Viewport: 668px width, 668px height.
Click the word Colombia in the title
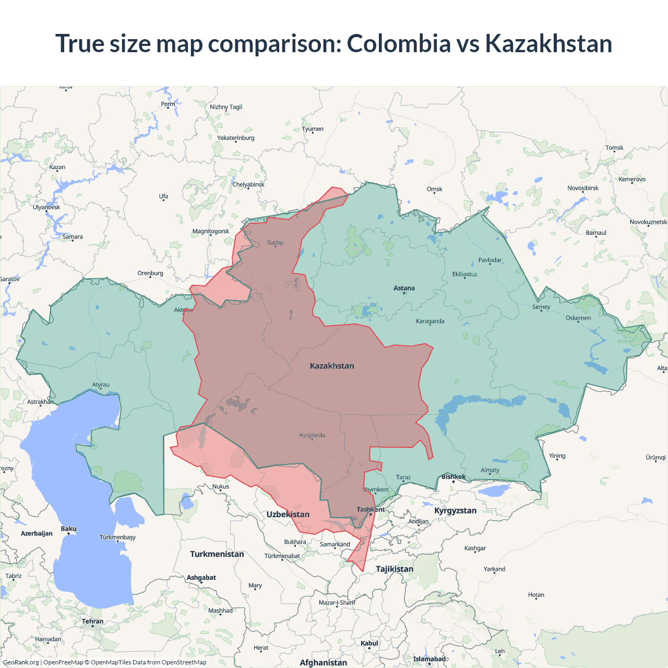tap(399, 43)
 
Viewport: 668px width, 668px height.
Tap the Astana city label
tap(404, 288)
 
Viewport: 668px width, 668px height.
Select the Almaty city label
tap(490, 470)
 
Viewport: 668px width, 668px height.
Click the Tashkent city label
tap(371, 509)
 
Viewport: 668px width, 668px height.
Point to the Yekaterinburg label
tap(236, 138)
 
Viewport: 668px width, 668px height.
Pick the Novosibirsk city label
tap(583, 188)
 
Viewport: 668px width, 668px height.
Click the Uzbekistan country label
tap(288, 515)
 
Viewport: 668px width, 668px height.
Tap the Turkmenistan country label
tap(217, 554)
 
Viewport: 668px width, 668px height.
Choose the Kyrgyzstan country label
tap(455, 510)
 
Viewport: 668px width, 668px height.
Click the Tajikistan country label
tap(395, 569)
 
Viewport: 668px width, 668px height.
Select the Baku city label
tap(68, 529)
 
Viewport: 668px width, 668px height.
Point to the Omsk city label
tap(434, 189)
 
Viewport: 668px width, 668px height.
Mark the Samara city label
tap(73, 236)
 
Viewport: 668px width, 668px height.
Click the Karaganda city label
tap(430, 321)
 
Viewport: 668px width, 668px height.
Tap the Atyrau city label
tap(101, 385)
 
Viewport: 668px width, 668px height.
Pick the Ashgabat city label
tap(201, 578)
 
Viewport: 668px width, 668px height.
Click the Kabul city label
tap(369, 643)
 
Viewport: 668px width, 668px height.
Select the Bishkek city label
tap(453, 476)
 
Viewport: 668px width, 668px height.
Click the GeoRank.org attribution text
tap(21, 662)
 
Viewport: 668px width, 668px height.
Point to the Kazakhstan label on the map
tap(332, 366)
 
